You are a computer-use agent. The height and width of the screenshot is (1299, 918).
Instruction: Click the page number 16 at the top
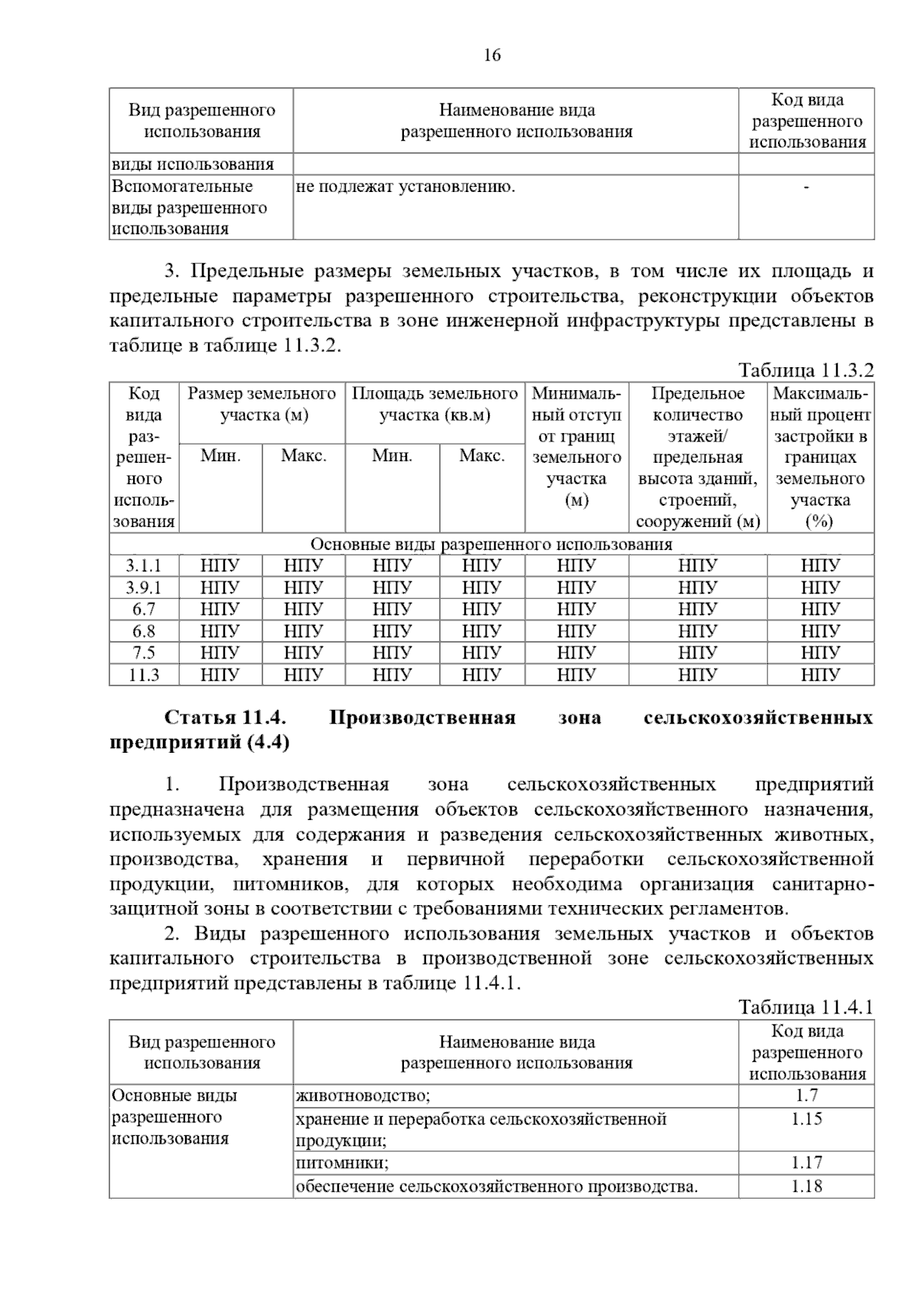coord(492,55)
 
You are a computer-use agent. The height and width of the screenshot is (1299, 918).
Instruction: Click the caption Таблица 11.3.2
coord(806,370)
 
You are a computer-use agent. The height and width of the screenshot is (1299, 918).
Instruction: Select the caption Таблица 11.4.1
coord(806,1007)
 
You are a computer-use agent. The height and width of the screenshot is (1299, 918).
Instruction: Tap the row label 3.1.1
coord(144,565)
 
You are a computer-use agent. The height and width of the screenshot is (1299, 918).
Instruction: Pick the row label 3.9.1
coord(144,588)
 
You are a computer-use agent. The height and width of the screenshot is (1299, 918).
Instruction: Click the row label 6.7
coord(144,609)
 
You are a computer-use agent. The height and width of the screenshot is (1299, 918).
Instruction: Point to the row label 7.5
coord(144,653)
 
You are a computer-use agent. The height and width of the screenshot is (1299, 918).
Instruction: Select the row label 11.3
coord(144,675)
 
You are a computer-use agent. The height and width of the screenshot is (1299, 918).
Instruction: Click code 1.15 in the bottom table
coord(806,1118)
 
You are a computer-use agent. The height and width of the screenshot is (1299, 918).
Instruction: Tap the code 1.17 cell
coord(806,1162)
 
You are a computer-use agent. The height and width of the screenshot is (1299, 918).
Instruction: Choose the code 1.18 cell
coord(806,1187)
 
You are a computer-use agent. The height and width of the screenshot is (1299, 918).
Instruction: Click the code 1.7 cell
coord(806,1096)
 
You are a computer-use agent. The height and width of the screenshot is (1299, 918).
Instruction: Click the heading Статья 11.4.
coord(226,718)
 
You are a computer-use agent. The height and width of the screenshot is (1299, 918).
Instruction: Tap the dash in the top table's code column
coord(806,187)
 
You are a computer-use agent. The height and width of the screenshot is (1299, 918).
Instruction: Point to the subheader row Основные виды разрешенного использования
coord(491,544)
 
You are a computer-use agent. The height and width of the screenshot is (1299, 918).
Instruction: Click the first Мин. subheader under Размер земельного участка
coord(220,456)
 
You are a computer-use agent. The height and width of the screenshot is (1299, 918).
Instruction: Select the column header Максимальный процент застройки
coord(820,457)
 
